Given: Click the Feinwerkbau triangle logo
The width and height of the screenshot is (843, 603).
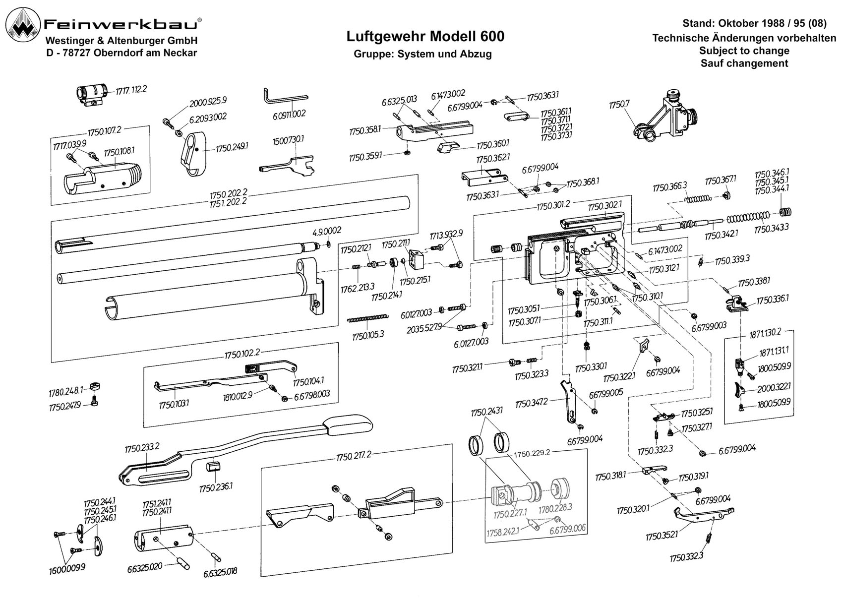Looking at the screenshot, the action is (25, 27).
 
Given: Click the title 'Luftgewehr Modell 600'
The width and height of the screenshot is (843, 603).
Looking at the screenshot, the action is (425, 37).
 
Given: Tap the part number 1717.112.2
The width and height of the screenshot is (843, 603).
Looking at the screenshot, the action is (131, 90).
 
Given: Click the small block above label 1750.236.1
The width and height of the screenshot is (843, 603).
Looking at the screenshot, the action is (213, 467).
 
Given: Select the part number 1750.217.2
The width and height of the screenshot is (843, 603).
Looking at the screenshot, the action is (354, 456).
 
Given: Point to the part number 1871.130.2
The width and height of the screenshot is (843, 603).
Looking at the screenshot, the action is (765, 333).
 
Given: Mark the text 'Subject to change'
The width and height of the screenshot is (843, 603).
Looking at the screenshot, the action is (744, 51).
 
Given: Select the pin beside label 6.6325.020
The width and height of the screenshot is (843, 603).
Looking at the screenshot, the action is (183, 563).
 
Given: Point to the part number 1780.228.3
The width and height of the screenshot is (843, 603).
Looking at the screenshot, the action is (555, 508).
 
